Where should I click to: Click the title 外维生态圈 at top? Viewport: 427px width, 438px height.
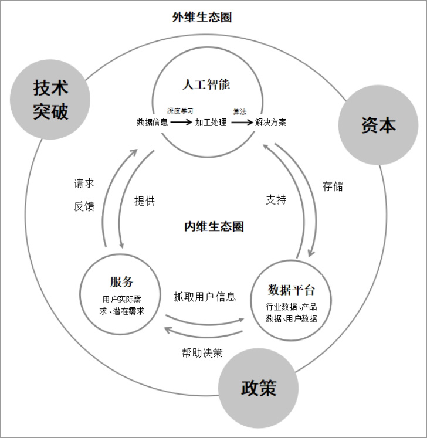[202, 18]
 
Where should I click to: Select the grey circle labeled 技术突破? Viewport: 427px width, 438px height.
[50, 100]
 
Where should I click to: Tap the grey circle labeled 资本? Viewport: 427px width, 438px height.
[378, 125]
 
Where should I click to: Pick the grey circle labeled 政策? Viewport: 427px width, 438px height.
[259, 388]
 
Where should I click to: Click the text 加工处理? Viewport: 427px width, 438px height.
[211, 123]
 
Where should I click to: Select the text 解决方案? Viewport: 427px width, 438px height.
[271, 123]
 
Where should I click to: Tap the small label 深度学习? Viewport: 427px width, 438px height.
[180, 110]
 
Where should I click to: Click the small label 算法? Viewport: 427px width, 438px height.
[239, 110]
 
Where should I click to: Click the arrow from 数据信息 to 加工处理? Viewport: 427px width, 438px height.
[182, 123]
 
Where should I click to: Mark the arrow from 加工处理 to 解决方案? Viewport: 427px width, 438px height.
[241, 123]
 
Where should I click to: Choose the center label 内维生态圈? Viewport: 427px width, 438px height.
[213, 227]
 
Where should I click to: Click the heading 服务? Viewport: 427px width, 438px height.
[121, 281]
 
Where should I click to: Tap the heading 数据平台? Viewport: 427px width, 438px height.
[292, 290]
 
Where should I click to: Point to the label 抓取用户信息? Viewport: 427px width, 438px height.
[205, 297]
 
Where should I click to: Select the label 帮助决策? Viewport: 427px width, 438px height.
[202, 352]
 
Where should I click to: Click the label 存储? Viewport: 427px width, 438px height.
[333, 186]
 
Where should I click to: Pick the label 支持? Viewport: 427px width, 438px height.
[276, 200]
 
